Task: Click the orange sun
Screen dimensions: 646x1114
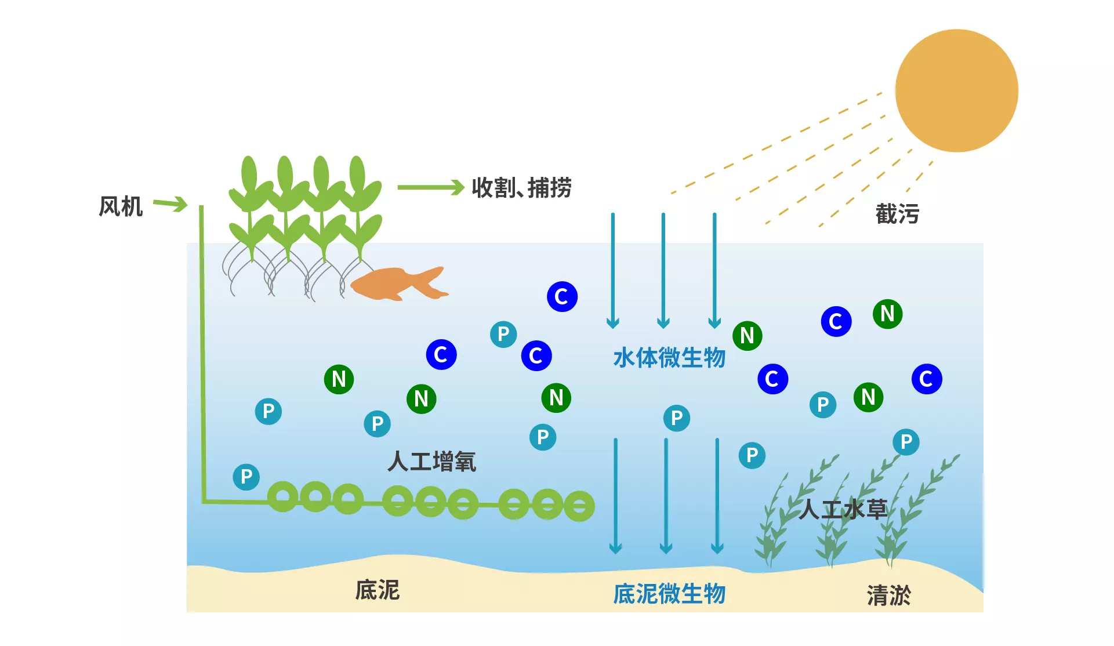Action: [956, 90]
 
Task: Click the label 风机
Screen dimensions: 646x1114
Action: [121, 206]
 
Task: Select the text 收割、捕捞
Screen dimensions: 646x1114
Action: [521, 188]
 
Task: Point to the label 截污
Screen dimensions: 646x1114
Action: [897, 214]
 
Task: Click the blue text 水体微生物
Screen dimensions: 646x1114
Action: [669, 358]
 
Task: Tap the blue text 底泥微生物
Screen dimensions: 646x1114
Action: [669, 594]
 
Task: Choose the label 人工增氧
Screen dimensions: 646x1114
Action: [432, 462]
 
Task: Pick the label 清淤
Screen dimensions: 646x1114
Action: [888, 595]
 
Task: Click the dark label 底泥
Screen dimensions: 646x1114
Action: [378, 590]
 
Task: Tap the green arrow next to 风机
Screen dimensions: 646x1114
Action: [170, 204]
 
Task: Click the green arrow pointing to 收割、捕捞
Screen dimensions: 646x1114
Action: [430, 187]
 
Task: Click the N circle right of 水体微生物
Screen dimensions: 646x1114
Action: [747, 336]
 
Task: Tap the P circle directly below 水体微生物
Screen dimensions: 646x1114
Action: [676, 418]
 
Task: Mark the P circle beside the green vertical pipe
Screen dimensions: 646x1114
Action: [246, 477]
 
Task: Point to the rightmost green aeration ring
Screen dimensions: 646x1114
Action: [579, 506]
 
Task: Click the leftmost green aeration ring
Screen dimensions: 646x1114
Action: [283, 497]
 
